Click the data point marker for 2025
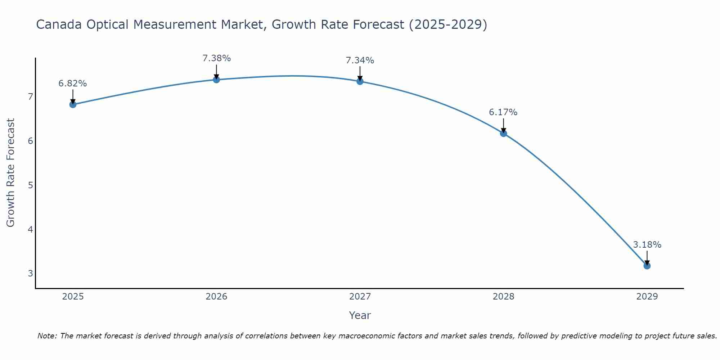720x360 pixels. click(x=73, y=104)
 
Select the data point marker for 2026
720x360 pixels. click(x=216, y=80)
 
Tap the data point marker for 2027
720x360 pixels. click(x=360, y=81)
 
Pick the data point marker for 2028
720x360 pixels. click(x=503, y=133)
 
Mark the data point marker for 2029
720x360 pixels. click(x=647, y=266)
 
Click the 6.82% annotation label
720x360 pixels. click(x=73, y=84)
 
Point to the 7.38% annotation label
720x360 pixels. click(x=216, y=58)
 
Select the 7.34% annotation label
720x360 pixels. click(x=360, y=60)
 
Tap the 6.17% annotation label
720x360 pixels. click(x=503, y=112)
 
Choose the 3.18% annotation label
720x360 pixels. click(x=647, y=245)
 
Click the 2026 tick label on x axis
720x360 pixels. click(x=216, y=297)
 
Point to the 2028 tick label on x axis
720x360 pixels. click(x=503, y=297)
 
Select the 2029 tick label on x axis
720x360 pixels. click(x=647, y=297)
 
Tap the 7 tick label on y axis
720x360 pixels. click(x=30, y=96)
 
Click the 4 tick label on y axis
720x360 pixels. click(x=30, y=229)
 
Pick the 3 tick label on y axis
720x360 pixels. click(x=30, y=273)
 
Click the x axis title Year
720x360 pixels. click(x=360, y=315)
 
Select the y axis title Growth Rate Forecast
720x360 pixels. click(x=11, y=173)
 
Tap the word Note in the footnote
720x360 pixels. click(x=46, y=336)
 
